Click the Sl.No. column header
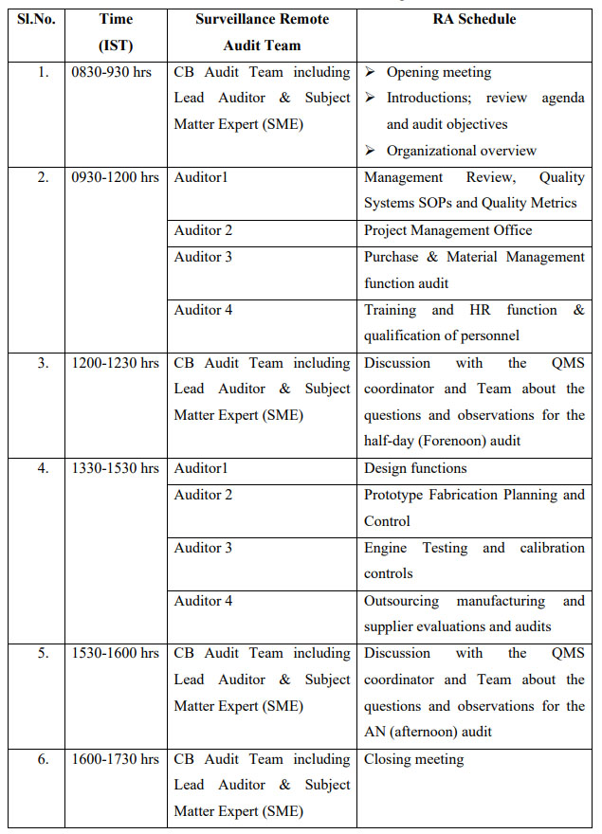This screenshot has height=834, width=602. (36, 19)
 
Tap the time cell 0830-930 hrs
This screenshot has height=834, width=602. (115, 73)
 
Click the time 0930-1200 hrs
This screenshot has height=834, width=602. (115, 177)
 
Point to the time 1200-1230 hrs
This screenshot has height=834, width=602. (115, 363)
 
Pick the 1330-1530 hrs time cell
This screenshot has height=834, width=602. (115, 468)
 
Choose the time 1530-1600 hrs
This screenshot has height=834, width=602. (115, 654)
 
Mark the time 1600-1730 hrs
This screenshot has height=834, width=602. (115, 759)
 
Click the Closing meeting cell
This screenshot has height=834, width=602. (414, 759)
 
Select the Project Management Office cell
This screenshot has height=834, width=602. (447, 230)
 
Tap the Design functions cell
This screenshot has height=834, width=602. (415, 468)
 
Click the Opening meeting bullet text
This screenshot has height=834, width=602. (439, 73)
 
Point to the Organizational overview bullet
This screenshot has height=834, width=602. (461, 151)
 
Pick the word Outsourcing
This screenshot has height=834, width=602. (407, 601)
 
